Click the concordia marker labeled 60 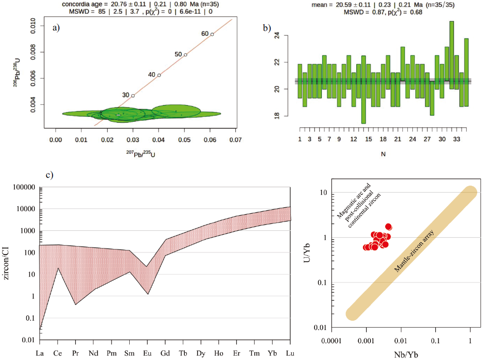tap(212, 34)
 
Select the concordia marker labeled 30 tap(133, 95)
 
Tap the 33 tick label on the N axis tap(456, 139)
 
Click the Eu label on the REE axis tap(147, 353)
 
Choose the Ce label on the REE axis tap(57, 353)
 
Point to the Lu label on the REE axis tap(290, 353)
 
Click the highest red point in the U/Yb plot tap(389, 227)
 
